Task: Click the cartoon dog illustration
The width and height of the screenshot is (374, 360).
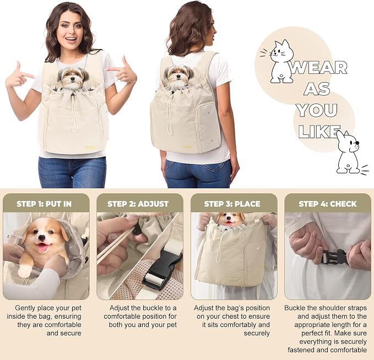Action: [350, 152]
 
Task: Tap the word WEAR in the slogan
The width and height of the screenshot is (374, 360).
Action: [318, 68]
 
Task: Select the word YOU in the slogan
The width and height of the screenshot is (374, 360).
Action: [317, 110]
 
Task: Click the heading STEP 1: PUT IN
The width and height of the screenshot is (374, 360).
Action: [44, 204]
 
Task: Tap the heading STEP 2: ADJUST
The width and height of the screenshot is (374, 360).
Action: [138, 204]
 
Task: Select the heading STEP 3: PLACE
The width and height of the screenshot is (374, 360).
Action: [232, 204]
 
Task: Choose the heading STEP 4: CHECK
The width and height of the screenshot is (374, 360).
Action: [328, 204]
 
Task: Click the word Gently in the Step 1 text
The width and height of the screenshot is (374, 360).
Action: [24, 308]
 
